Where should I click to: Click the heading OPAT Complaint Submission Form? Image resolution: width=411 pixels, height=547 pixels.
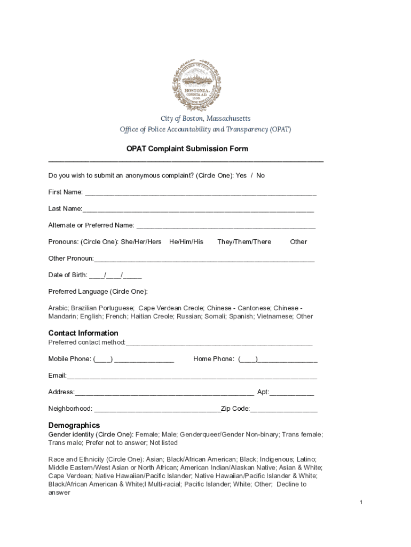(187, 149)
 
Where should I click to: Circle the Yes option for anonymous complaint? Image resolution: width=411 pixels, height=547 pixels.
(241, 176)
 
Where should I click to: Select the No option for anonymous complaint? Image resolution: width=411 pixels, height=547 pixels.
(260, 176)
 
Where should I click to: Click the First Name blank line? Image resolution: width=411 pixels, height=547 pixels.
(200, 193)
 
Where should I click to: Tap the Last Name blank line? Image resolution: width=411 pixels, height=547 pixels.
(198, 209)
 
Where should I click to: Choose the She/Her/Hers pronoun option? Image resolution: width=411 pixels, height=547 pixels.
(141, 242)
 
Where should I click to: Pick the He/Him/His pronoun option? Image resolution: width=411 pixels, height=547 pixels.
(186, 242)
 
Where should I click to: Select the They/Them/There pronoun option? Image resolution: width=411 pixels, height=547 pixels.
(244, 242)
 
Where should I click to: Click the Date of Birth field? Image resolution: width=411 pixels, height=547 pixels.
(115, 276)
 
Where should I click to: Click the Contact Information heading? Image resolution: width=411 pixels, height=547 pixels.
(83, 333)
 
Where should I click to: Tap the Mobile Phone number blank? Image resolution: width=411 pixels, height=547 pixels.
(144, 360)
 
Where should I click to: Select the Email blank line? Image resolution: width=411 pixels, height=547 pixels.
(192, 377)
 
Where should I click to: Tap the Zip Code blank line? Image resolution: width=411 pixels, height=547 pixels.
(284, 409)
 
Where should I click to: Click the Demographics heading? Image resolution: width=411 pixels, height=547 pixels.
(74, 426)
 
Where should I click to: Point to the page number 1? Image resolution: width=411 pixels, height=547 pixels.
(361, 503)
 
